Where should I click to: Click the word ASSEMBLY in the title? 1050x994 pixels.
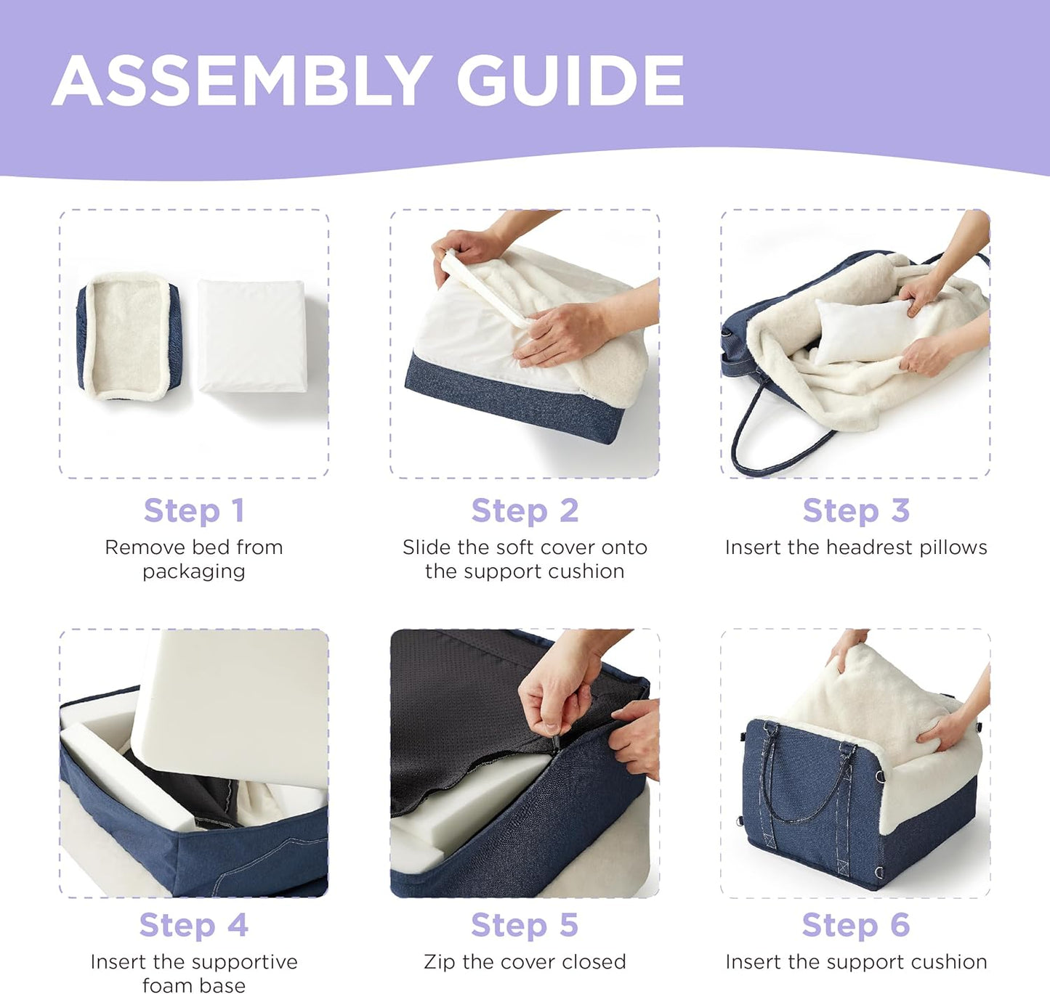(x=242, y=81)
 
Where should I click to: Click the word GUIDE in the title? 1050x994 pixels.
(x=570, y=81)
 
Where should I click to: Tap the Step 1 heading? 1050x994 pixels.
(x=194, y=510)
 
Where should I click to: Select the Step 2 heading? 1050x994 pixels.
(x=525, y=510)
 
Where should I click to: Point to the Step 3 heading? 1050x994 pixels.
(x=856, y=510)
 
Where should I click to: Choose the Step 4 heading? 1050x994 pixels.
(x=194, y=924)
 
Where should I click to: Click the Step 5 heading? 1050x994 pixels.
(x=525, y=924)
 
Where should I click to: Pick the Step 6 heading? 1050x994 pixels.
(x=856, y=924)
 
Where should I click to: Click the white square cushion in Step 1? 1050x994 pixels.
(x=252, y=336)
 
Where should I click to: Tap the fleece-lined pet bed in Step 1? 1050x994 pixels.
(x=129, y=336)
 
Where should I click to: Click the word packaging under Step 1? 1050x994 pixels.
(x=194, y=571)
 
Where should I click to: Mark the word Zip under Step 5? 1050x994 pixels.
(x=440, y=962)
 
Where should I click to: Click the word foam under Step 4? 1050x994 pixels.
(x=163, y=985)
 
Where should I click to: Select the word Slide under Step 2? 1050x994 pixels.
(x=427, y=547)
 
